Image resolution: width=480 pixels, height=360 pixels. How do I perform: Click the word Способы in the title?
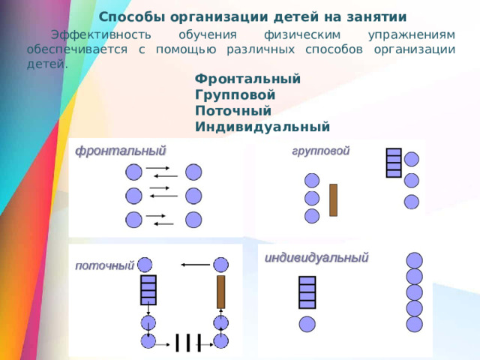click(x=127, y=16)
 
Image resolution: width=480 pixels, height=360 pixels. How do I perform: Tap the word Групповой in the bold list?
click(x=235, y=95)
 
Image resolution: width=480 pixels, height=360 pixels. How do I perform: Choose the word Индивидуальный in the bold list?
click(x=262, y=127)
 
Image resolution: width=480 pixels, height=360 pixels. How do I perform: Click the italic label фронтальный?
click(x=120, y=149)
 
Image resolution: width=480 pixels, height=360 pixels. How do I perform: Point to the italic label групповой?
click(x=320, y=150)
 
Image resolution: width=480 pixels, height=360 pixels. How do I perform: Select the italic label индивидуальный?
click(x=316, y=257)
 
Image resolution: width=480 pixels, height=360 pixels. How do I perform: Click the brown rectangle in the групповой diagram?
click(x=333, y=200)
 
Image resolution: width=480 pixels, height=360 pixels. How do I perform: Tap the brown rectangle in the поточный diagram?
click(x=220, y=291)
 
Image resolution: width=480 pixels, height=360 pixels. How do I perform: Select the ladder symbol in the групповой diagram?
click(x=394, y=163)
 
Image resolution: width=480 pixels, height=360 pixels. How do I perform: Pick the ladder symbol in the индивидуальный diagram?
click(x=307, y=292)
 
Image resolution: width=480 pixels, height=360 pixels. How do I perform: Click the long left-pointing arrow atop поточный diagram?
click(x=195, y=264)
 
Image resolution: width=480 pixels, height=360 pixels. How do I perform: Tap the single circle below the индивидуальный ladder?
click(x=307, y=324)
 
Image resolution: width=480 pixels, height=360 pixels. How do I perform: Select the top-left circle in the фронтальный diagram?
click(x=133, y=172)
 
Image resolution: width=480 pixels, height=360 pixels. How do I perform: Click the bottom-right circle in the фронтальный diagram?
click(x=193, y=220)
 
